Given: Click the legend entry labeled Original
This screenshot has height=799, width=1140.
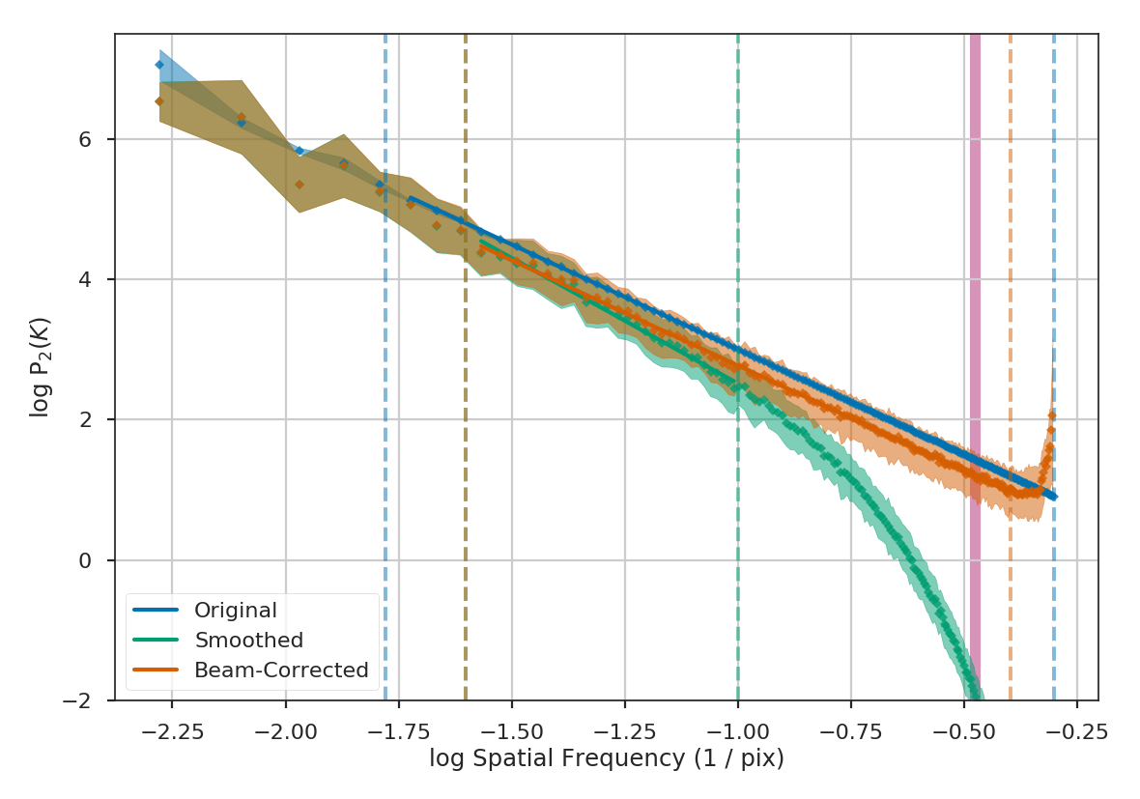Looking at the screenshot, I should [235, 611].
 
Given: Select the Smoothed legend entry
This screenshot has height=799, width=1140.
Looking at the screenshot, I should [248, 641].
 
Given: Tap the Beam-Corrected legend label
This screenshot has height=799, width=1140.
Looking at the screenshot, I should [281, 671].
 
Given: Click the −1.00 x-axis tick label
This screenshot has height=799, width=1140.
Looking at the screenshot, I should [737, 730].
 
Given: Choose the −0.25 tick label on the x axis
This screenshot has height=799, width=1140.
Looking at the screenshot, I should [1076, 730].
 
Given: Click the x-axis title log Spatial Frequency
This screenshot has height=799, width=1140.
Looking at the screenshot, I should [606, 759].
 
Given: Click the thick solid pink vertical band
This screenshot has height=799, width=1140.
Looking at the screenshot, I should [975, 290].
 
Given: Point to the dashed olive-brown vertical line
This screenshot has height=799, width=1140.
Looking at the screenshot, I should [466, 145].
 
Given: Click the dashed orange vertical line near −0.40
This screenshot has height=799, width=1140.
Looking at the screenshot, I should [1011, 242].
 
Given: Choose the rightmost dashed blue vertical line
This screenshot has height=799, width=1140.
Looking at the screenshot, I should [1054, 242].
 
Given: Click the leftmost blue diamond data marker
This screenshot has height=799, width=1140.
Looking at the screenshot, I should [159, 65].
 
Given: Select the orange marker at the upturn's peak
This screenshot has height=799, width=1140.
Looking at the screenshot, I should [1052, 415].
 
